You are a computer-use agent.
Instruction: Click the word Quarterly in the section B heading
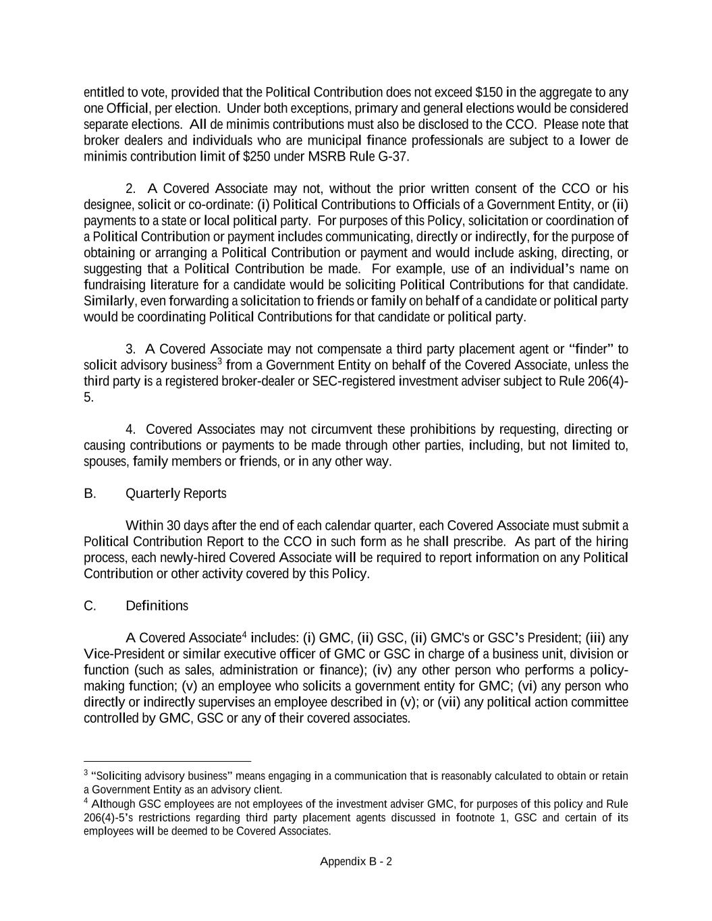153,494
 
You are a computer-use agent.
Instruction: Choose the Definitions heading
157,606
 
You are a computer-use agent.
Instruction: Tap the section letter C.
90,606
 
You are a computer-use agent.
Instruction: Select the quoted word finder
592,350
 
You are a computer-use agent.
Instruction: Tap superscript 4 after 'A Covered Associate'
244,635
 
